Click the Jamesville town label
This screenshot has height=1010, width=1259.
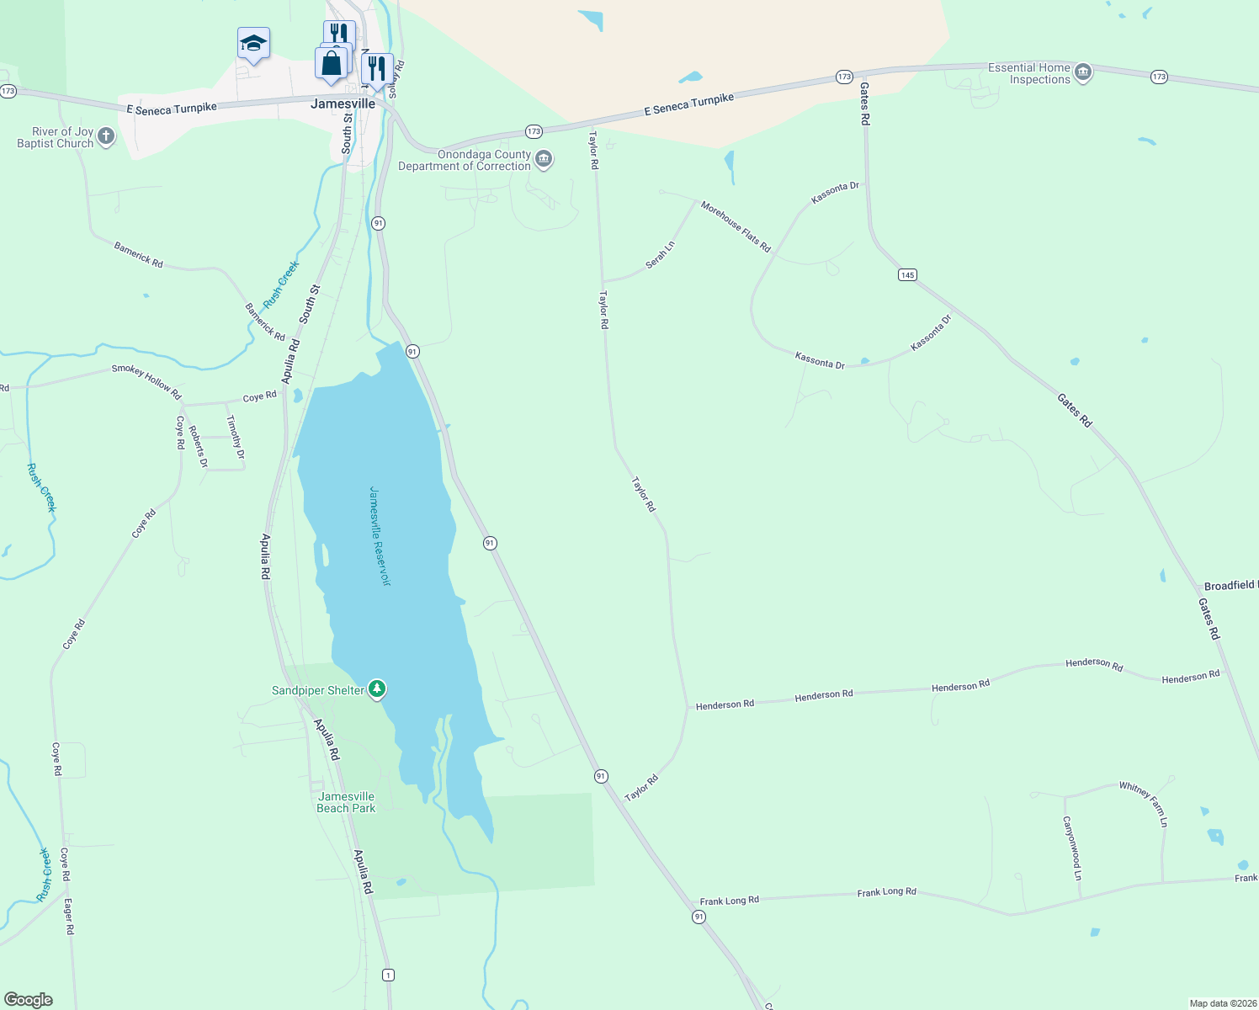pos(343,104)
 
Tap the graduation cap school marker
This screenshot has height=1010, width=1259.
pos(253,43)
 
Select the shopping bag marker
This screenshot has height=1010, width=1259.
pos(332,63)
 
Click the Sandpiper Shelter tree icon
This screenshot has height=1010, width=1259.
pos(378,690)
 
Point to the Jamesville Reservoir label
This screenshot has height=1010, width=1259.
pos(380,536)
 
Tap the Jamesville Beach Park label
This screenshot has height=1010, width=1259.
pos(346,802)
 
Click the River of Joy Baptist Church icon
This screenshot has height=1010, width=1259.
pos(106,136)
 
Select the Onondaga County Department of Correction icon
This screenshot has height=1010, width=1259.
pos(545,159)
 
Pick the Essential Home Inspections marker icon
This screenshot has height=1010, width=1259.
pos(1084,73)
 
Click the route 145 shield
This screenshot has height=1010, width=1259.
pos(907,275)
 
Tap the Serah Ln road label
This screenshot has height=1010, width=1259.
pos(661,255)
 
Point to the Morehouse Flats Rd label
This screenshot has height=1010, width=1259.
pos(736,226)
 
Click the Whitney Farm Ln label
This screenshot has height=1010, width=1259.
pos(1143,804)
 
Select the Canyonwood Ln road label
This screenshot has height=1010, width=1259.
pos(1071,848)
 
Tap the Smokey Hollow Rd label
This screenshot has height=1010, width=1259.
pos(146,381)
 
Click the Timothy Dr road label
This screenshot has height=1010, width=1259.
pos(236,437)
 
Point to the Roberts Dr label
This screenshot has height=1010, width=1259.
pos(198,446)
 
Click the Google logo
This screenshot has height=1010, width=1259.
pos(29,1000)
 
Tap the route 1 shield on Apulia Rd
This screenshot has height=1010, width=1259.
pos(388,975)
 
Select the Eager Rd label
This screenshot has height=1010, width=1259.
pos(69,917)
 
